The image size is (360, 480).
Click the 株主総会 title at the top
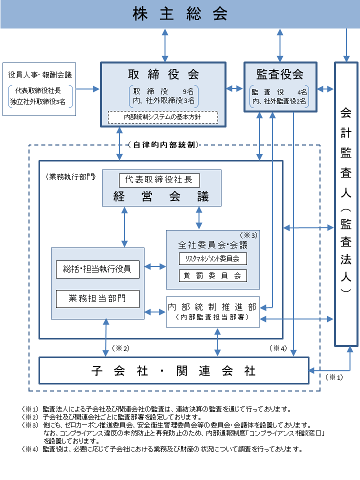[x=180, y=14]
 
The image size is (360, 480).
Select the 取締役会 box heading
[x=163, y=74]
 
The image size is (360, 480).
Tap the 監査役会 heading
[x=280, y=74]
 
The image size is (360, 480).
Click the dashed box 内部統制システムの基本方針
[x=163, y=117]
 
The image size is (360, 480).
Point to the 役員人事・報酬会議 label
[x=40, y=74]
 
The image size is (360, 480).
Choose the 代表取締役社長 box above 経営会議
[x=159, y=180]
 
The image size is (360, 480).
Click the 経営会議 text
[x=161, y=196]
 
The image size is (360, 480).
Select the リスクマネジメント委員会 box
[x=213, y=258]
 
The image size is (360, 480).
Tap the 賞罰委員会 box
[x=213, y=275]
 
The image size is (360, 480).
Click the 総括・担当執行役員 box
[x=97, y=269]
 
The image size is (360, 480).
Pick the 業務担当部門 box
[x=97, y=298]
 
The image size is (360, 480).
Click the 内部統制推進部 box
[x=213, y=312]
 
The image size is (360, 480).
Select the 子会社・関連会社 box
[x=174, y=370]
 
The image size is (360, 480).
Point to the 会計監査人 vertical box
[x=346, y=204]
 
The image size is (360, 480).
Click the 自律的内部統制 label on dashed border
[x=164, y=145]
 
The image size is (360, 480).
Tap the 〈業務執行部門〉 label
[x=70, y=177]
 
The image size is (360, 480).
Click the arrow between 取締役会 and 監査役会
[x=234, y=89]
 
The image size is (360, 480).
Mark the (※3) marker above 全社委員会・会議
[x=248, y=235]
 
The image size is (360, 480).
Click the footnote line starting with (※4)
[x=162, y=449]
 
